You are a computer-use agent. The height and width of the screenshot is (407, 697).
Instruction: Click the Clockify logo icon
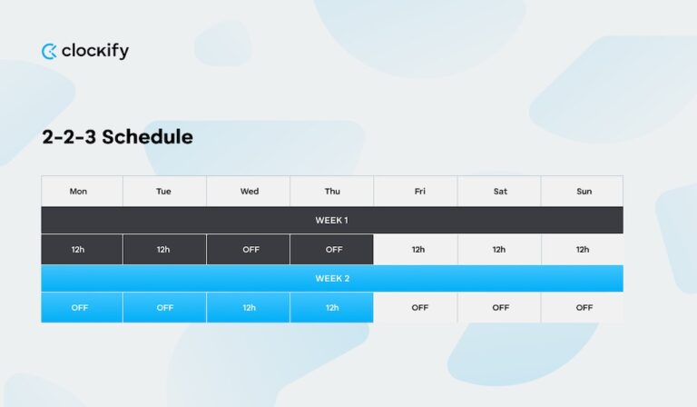pyautogui.click(x=49, y=52)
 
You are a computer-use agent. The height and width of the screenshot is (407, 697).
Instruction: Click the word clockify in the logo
pyautogui.click(x=95, y=52)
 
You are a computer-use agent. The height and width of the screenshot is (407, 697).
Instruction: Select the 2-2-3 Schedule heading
pyautogui.click(x=117, y=137)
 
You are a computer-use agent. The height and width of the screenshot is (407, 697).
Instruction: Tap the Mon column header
pyautogui.click(x=79, y=191)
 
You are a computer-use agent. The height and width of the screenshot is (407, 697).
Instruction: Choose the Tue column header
pyautogui.click(x=163, y=191)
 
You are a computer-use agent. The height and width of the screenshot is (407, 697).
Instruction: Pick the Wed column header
pyautogui.click(x=249, y=191)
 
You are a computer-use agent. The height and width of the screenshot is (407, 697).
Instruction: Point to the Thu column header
pyautogui.click(x=332, y=191)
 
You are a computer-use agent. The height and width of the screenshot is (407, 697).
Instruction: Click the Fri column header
pyautogui.click(x=419, y=191)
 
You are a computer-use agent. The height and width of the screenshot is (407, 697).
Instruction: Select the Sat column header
pyautogui.click(x=500, y=191)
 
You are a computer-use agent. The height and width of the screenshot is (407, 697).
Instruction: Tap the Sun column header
pyautogui.click(x=584, y=191)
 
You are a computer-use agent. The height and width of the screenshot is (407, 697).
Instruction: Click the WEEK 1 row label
pyautogui.click(x=331, y=221)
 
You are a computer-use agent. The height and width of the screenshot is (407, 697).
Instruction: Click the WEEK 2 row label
pyautogui.click(x=331, y=279)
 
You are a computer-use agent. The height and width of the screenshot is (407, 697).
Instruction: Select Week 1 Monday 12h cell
pyautogui.click(x=79, y=250)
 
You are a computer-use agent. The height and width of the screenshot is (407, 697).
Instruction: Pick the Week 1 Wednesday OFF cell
pyautogui.click(x=250, y=250)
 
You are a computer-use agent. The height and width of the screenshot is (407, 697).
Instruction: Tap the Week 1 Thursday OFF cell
pyautogui.click(x=333, y=250)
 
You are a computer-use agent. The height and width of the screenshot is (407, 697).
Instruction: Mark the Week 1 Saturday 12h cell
pyautogui.click(x=499, y=250)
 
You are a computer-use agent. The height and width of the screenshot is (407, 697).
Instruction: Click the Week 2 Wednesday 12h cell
pyautogui.click(x=249, y=308)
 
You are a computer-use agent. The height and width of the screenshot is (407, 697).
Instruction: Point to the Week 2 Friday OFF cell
pyautogui.click(x=419, y=308)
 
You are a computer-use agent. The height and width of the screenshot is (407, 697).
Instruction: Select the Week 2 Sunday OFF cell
pyautogui.click(x=584, y=308)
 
